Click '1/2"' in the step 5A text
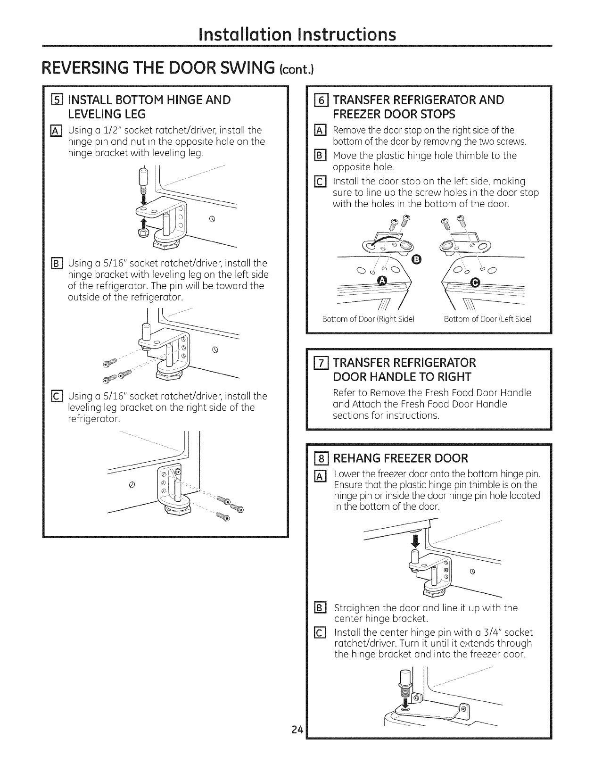tap(114, 130)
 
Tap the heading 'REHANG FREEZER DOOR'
tap(401, 458)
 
